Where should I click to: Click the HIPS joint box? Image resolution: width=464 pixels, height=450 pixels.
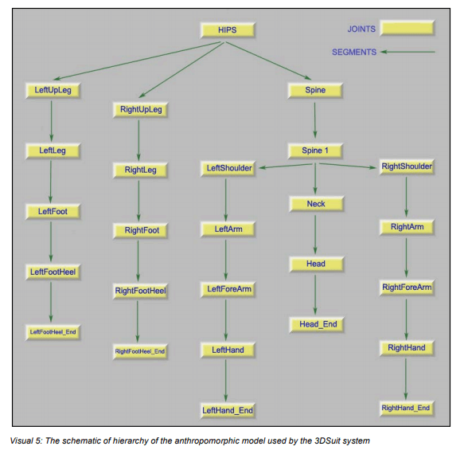[x=228, y=30]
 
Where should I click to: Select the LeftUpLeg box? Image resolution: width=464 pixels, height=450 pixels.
[x=53, y=90]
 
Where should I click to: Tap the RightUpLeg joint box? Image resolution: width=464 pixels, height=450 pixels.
[x=141, y=110]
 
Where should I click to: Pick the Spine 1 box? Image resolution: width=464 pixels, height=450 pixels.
[x=315, y=151]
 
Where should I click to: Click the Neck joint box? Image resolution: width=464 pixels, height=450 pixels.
[x=316, y=204]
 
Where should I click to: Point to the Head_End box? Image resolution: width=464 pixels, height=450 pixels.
[x=317, y=324]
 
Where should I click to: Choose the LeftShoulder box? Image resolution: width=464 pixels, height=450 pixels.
[x=228, y=169]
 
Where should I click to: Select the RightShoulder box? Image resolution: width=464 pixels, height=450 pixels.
[x=407, y=166]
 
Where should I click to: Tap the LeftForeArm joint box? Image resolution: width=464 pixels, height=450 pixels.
[x=228, y=289]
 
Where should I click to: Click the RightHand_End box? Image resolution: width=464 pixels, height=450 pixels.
[x=407, y=409]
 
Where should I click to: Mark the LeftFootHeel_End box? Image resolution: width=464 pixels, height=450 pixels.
[x=53, y=332]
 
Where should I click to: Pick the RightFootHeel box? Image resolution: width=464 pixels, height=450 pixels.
[x=141, y=291]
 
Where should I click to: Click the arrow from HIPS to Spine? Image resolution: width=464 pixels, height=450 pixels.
[x=269, y=61]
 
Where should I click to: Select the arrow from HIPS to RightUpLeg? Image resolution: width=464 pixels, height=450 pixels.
[x=181, y=69]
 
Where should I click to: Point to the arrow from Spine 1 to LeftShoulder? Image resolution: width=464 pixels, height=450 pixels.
[x=286, y=166]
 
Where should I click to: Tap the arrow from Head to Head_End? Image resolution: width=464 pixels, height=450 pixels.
[x=315, y=295]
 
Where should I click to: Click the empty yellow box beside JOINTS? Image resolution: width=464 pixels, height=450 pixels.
[x=407, y=28]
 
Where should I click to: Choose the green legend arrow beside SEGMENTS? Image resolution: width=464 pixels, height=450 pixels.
[x=407, y=52]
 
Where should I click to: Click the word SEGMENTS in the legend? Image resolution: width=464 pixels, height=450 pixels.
[x=354, y=53]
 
